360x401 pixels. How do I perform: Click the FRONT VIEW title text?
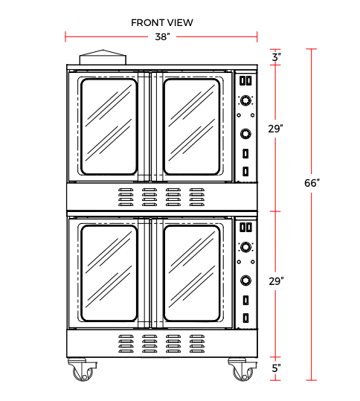point(162,23)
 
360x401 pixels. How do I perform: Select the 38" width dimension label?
point(162,37)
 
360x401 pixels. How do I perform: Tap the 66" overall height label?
point(312,183)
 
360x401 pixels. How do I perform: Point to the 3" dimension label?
point(277,57)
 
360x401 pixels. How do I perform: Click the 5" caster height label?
point(276,368)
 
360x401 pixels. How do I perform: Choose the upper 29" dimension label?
point(276,129)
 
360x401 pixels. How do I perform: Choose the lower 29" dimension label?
point(276,281)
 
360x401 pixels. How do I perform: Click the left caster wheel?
point(83,373)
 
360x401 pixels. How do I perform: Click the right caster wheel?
point(243,373)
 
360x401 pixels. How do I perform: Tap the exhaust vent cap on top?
point(103,57)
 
